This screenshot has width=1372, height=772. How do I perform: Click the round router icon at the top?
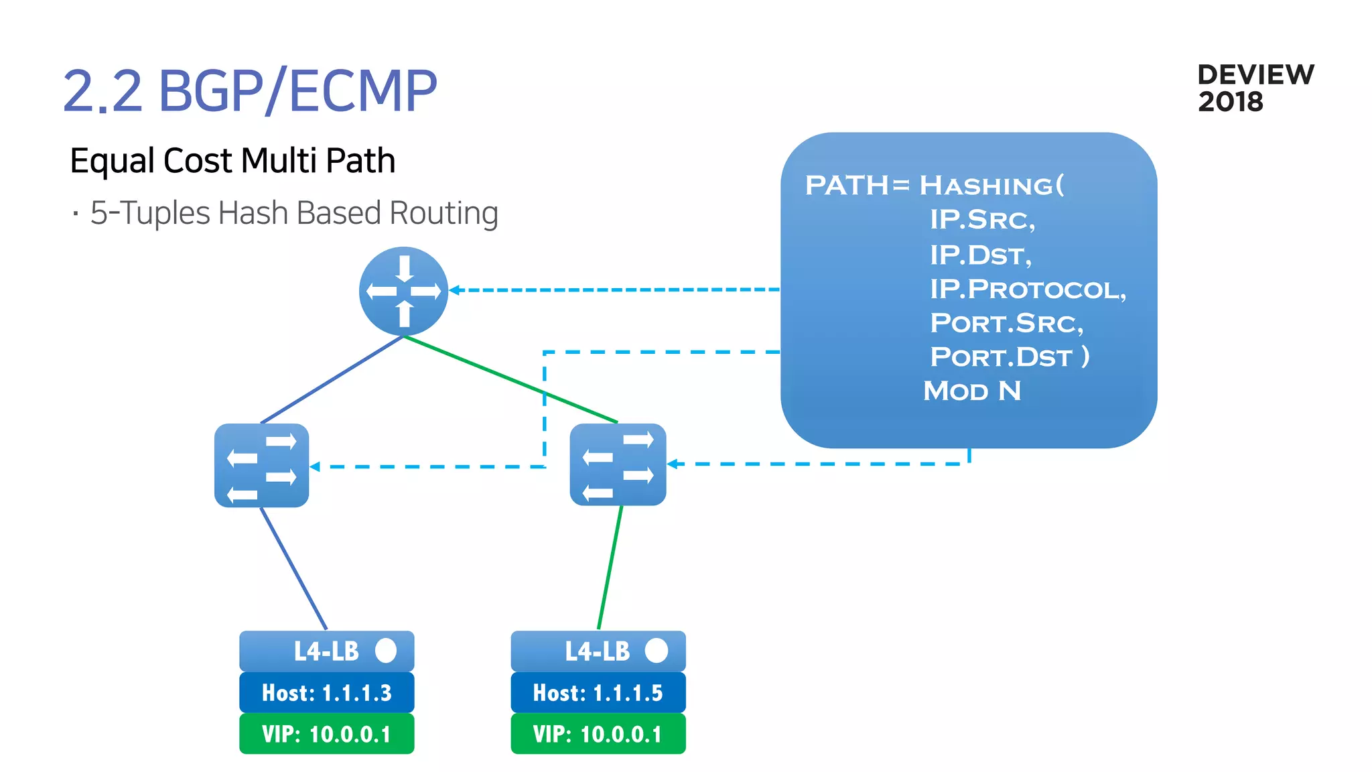pos(403,291)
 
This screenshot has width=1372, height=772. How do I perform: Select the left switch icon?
pos(261,465)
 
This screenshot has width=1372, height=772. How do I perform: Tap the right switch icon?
pos(618,464)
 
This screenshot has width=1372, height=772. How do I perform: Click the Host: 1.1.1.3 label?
pos(327,693)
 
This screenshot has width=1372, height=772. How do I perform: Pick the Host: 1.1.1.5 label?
pos(598,693)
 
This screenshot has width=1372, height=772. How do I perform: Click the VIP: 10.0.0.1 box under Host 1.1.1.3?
pos(327,734)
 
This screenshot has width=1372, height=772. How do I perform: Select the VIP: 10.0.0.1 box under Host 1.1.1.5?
pos(598,734)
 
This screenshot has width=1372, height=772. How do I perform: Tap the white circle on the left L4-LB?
pos(386,650)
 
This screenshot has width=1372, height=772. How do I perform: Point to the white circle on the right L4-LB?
pos(657,650)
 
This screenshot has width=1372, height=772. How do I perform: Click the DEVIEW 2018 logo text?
pos(1254,88)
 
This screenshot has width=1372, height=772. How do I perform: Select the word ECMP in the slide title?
pos(362,91)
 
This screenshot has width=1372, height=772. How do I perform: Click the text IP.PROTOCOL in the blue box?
pos(1027,289)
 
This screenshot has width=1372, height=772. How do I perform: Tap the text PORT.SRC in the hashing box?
pos(1005,323)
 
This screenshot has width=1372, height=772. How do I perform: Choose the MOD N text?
pos(972,391)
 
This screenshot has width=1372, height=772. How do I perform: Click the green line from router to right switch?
pos(509,379)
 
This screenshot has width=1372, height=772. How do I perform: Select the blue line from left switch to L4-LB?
pos(293,568)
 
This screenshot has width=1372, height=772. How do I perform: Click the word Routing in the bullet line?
pos(443,213)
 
